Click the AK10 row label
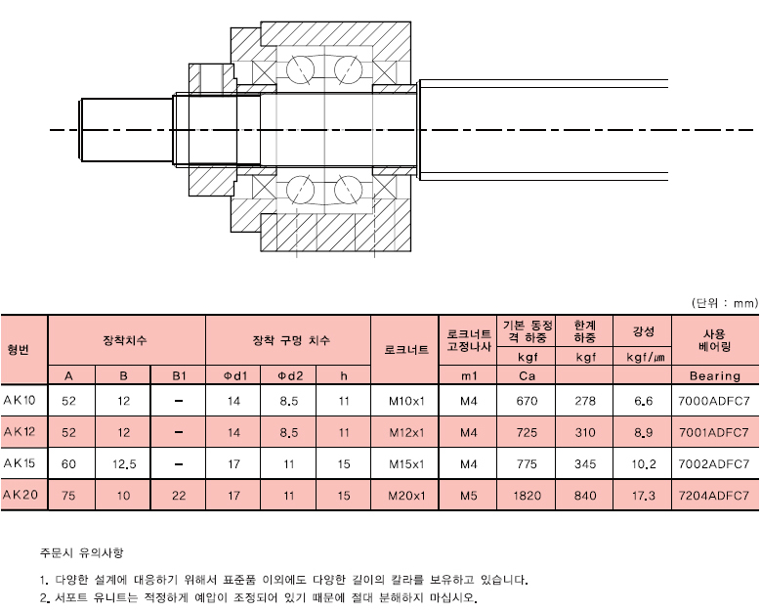[20, 400]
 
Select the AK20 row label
[20, 495]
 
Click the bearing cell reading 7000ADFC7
[714, 401]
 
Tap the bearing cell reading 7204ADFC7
[714, 496]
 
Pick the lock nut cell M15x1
[406, 464]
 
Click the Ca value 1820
[528, 496]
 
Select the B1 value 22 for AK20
[179, 496]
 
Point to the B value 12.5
[124, 464]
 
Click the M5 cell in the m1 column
[469, 496]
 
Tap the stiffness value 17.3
[643, 496]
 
